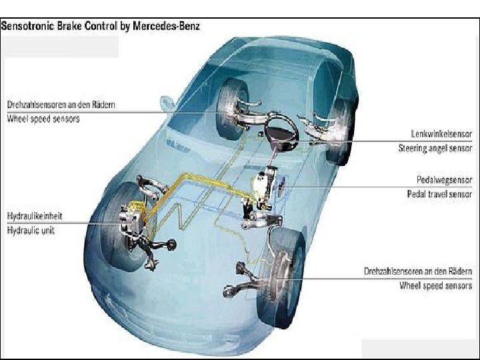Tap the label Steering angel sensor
[435, 148]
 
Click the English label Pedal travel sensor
[439, 194]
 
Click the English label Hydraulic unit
[31, 231]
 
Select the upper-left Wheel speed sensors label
[43, 119]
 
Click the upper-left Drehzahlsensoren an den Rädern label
[60, 105]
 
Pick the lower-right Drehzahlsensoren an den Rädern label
[418, 272]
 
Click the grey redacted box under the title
[61, 47]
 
